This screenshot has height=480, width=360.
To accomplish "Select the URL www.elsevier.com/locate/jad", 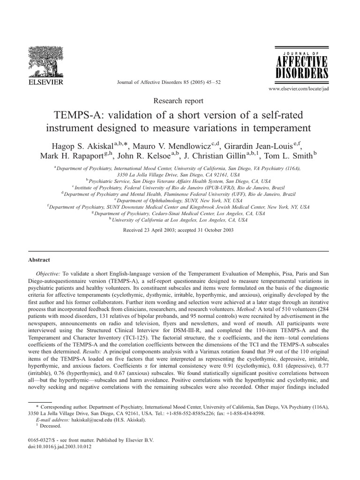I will coord(301,88).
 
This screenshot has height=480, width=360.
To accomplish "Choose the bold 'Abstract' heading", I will coord(39,260).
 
